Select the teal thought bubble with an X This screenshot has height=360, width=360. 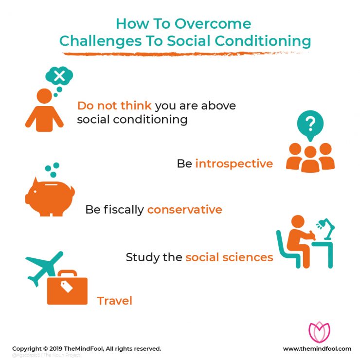[x=59, y=76]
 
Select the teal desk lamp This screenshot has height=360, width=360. [x=324, y=229]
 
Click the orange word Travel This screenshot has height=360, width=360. [x=115, y=301]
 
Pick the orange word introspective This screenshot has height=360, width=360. [x=234, y=164]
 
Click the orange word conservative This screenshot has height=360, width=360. [x=184, y=210]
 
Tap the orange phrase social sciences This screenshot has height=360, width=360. [x=229, y=257]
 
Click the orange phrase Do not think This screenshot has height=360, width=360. [x=114, y=106]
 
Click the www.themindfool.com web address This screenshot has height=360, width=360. [x=317, y=349]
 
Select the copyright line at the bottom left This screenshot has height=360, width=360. [x=87, y=349]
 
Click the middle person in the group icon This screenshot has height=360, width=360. [x=310, y=158]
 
